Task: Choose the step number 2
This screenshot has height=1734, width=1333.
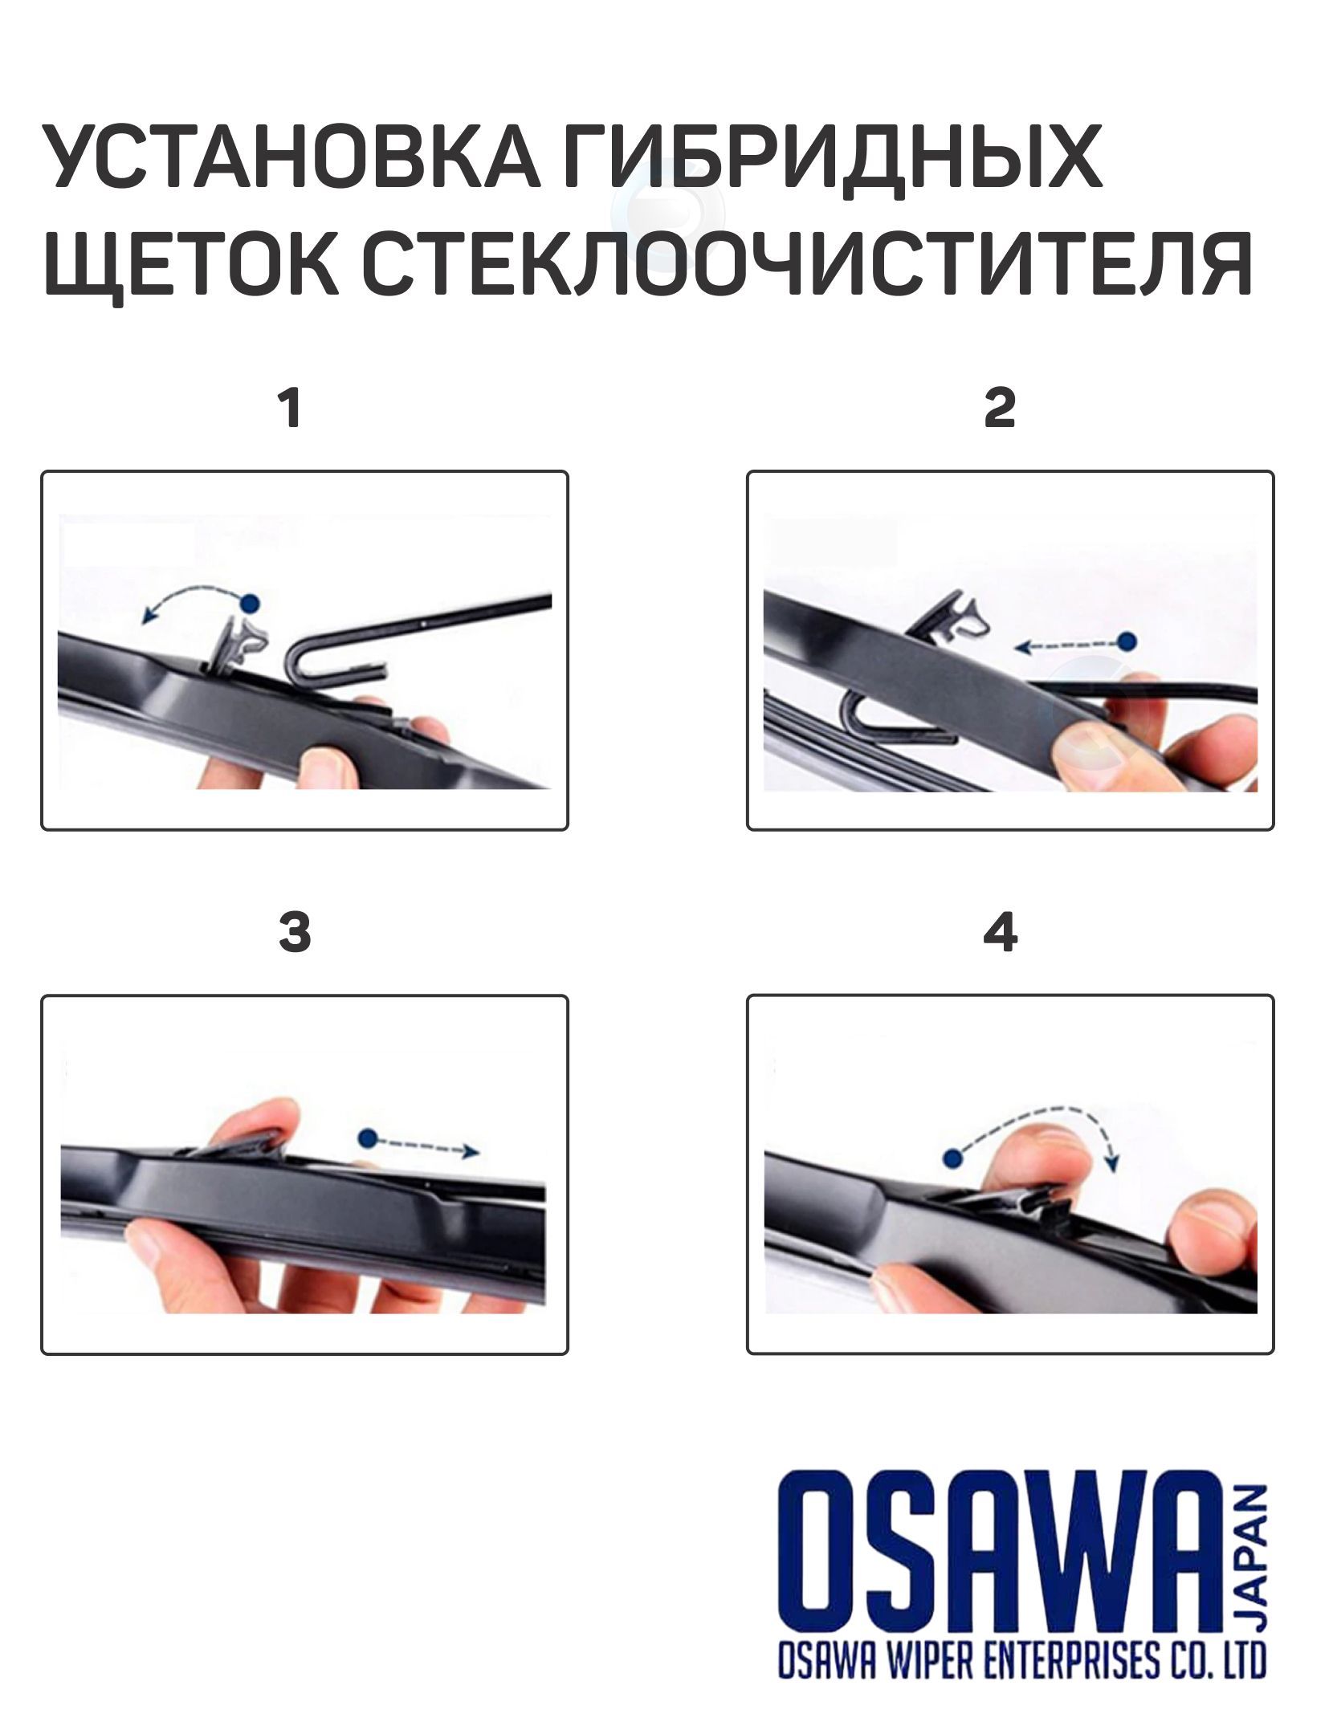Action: pyautogui.click(x=1000, y=409)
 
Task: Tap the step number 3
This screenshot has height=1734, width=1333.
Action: pyautogui.click(x=295, y=934)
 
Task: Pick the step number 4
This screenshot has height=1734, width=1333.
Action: pyautogui.click(x=1001, y=934)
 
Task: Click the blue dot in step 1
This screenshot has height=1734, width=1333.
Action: pyautogui.click(x=251, y=601)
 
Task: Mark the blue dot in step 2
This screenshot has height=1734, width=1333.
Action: pyautogui.click(x=1128, y=641)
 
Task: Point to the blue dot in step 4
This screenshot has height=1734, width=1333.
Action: pyautogui.click(x=953, y=1158)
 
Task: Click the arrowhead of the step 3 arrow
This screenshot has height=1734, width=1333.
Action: pyautogui.click(x=470, y=1151)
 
